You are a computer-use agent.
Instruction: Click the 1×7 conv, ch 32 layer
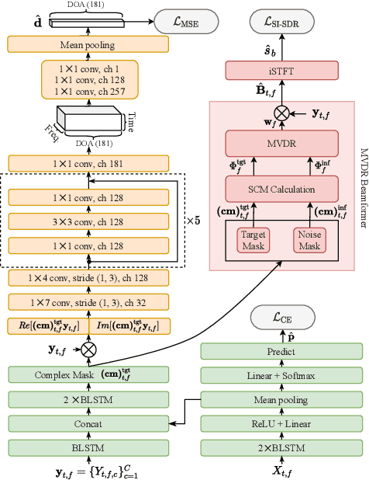click(x=88, y=301)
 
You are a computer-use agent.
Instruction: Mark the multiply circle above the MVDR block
click(x=281, y=113)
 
